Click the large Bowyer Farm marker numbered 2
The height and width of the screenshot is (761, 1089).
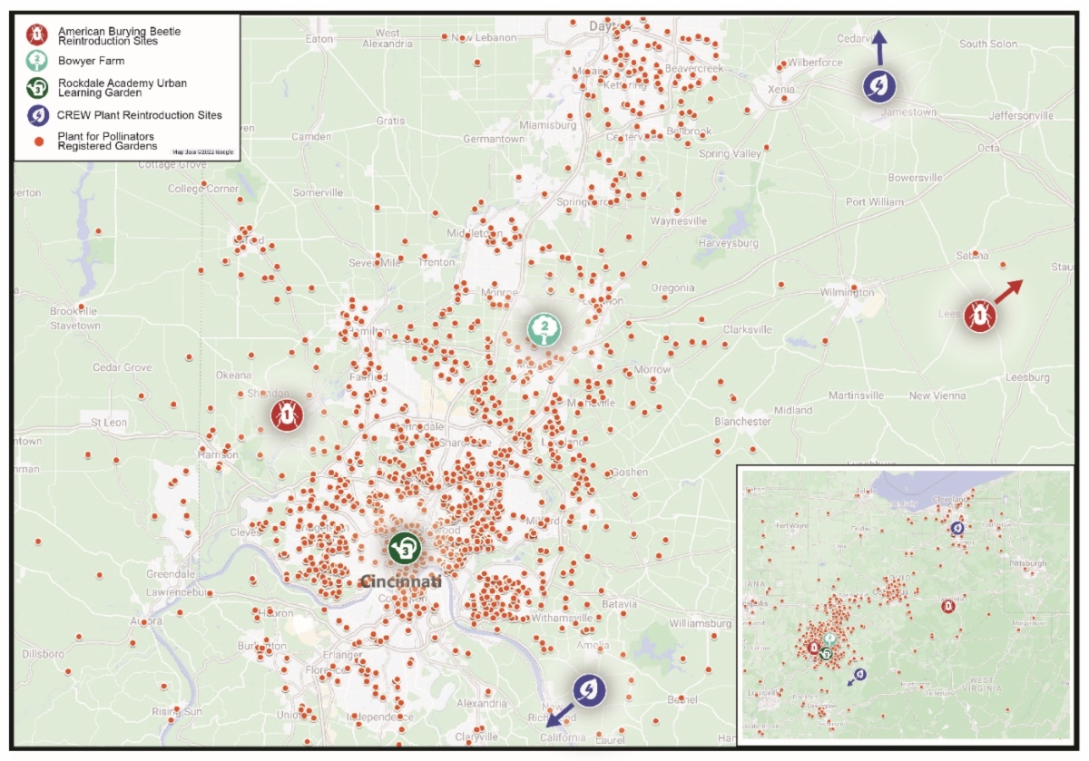[x=544, y=328]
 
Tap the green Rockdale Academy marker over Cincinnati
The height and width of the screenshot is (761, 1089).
[x=404, y=548]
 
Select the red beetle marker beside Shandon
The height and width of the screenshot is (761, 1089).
[x=287, y=415]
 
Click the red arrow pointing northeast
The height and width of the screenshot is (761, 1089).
[x=1008, y=292]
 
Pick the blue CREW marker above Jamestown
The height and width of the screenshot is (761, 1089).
[x=879, y=86]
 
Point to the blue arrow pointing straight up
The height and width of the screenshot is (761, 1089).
[x=878, y=45]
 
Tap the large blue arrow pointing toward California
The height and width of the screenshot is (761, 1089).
[x=561, y=713]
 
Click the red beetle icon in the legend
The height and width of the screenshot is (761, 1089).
[x=35, y=34]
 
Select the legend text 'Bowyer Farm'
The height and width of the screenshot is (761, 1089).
[x=91, y=61]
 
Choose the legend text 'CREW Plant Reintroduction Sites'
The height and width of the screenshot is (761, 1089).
[x=139, y=115]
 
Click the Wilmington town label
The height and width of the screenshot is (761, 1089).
[x=847, y=292]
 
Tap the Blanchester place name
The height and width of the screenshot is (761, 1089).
[x=742, y=421]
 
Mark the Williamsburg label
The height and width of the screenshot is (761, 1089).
[x=700, y=624]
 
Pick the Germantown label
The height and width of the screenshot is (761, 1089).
[x=493, y=139]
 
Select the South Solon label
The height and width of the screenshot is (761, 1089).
[x=988, y=44]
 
